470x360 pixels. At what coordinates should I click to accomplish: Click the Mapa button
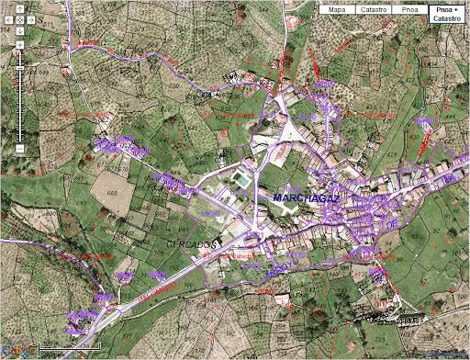click(x=336, y=10)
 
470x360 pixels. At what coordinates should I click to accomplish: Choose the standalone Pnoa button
click(x=409, y=10)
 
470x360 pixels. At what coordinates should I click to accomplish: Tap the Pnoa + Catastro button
click(x=446, y=14)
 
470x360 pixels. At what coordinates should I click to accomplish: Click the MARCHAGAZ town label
click(x=306, y=198)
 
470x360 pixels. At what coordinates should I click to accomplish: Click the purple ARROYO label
click(x=282, y=266)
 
